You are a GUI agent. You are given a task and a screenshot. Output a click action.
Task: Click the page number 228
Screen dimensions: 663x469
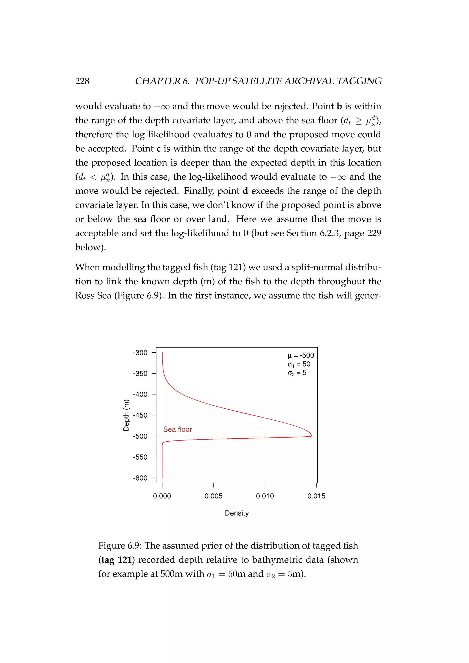pos(82,81)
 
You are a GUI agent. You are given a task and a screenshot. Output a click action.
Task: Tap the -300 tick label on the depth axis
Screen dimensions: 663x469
pos(140,353)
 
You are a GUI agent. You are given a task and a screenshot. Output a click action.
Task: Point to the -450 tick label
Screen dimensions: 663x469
pos(140,415)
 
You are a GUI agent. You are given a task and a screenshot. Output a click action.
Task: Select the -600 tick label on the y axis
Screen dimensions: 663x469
pos(140,478)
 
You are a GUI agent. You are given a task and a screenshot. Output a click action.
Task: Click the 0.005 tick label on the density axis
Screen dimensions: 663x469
pos(213,496)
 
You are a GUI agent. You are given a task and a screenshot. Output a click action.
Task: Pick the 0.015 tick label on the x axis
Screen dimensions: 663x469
pos(316,496)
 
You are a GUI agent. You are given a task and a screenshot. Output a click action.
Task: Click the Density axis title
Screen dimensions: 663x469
pos(237,513)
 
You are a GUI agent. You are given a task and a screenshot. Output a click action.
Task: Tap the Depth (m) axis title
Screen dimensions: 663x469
pos(126,415)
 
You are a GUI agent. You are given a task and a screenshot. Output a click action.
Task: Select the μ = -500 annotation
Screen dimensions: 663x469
pos(301,356)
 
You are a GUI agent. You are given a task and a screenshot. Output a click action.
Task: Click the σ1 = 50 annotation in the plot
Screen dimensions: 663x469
pos(299,364)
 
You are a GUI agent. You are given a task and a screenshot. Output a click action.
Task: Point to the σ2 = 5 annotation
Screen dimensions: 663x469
pos(297,373)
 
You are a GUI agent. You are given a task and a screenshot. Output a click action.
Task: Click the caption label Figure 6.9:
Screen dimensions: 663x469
pos(120,546)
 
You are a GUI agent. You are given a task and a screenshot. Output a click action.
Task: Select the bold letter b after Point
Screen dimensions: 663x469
pos(339,106)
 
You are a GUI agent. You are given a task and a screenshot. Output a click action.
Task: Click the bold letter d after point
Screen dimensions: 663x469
pos(245,191)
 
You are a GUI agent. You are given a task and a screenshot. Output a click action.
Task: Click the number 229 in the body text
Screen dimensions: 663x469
pos(374,233)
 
